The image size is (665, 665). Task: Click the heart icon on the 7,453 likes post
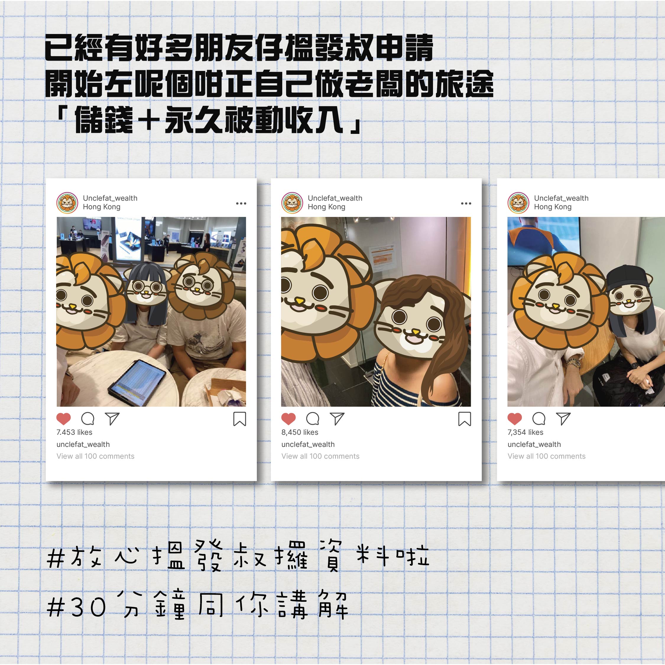pyautogui.click(x=63, y=419)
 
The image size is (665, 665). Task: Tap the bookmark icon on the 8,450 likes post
pyautogui.click(x=464, y=419)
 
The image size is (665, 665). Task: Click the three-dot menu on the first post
pyautogui.click(x=241, y=203)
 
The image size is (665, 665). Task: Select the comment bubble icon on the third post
pyautogui.click(x=539, y=419)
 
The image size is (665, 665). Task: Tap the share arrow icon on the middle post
pyautogui.click(x=337, y=419)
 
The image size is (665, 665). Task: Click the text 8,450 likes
pyautogui.click(x=299, y=432)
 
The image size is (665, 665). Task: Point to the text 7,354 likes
pyautogui.click(x=525, y=432)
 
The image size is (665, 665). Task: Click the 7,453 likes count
pyautogui.click(x=74, y=432)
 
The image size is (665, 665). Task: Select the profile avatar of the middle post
pyautogui.click(x=292, y=203)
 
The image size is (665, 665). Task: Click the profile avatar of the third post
pyautogui.click(x=518, y=203)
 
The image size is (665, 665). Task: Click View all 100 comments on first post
pyautogui.click(x=95, y=456)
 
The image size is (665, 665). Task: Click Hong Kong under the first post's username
pyautogui.click(x=102, y=207)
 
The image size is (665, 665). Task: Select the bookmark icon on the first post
pyautogui.click(x=240, y=419)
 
